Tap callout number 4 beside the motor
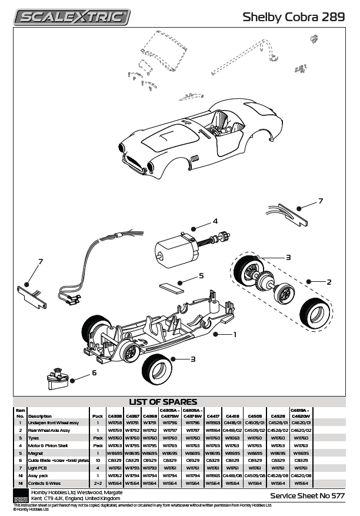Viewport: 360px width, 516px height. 215,221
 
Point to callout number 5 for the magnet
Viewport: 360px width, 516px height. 201,275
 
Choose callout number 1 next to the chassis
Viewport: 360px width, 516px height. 235,334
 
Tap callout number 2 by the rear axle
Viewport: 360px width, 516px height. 329,282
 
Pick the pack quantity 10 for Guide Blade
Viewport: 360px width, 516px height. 98,461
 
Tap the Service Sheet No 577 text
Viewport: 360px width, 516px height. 307,496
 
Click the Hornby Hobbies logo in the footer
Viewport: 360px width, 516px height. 20,495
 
